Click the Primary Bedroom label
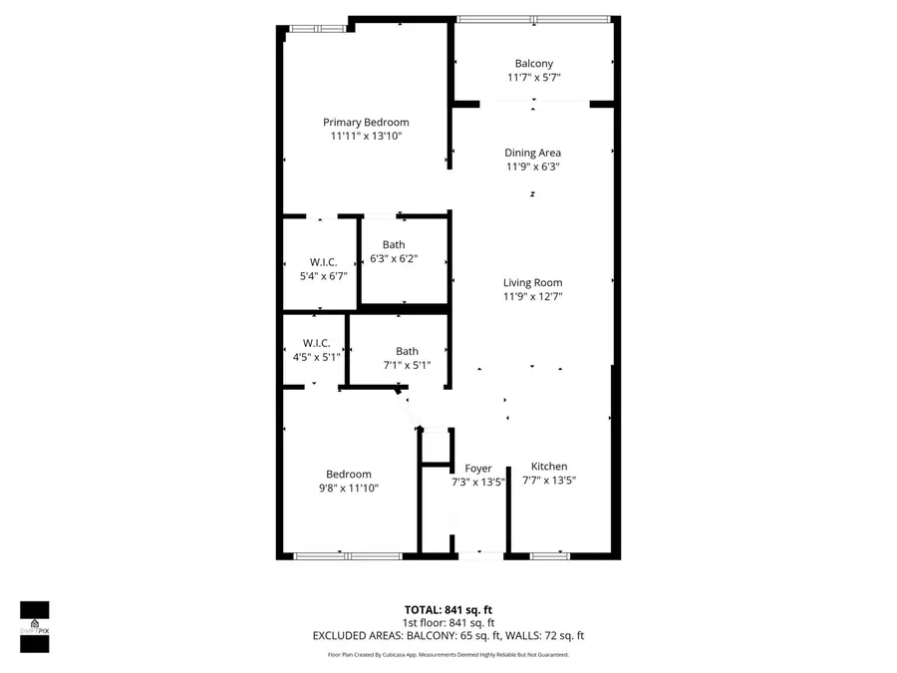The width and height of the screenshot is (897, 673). [366, 122]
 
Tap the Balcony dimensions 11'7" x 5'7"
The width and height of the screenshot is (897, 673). [533, 78]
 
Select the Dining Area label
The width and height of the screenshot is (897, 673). [533, 153]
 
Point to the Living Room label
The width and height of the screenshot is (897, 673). [533, 282]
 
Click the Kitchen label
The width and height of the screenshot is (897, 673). [549, 466]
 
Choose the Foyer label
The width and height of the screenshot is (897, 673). [478, 469]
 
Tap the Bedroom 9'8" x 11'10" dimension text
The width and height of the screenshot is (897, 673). [349, 489]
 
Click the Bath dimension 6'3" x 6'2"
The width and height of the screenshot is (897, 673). [394, 259]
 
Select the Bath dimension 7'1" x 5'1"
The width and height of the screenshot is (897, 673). [407, 365]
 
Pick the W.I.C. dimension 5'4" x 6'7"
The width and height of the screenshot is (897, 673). [323, 276]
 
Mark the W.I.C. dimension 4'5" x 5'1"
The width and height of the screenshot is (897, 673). [317, 357]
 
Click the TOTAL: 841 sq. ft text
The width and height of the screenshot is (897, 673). [448, 609]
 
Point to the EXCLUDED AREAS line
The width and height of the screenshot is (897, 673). [448, 635]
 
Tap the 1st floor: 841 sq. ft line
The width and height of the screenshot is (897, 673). [448, 622]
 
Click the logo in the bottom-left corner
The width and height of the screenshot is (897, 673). [35, 626]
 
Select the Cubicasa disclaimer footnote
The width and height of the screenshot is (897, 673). [448, 654]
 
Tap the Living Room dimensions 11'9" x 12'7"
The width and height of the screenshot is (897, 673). [533, 296]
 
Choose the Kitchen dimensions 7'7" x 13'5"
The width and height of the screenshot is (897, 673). [549, 480]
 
